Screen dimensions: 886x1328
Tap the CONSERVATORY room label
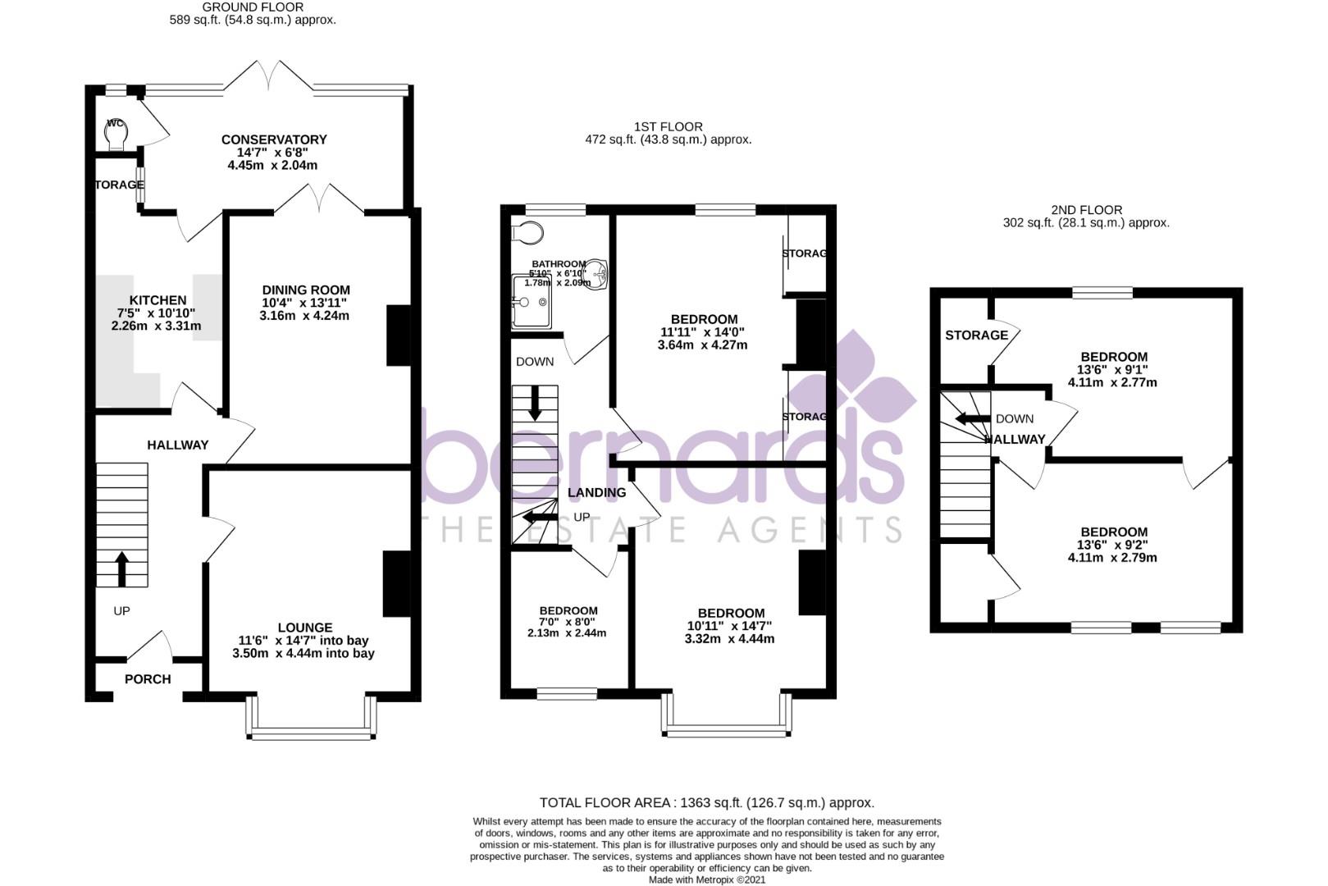coord(274,140)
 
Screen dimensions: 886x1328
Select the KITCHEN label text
coord(157,300)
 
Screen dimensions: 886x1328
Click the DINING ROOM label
coord(306,290)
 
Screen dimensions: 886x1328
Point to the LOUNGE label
coord(304,628)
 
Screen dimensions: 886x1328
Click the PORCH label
coord(148,679)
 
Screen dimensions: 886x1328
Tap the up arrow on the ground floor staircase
coord(121,569)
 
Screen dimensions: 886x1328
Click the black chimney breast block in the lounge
coord(396,583)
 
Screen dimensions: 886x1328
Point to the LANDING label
coord(597,492)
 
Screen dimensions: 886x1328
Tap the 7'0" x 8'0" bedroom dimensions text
coord(567,622)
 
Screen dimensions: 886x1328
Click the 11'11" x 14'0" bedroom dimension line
coord(704,332)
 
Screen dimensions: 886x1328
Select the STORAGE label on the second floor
coord(976,335)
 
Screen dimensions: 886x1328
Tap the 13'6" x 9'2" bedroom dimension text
coord(1113,545)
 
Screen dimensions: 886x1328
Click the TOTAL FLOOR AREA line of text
coord(706,802)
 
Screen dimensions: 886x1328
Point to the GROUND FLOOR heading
coord(253,7)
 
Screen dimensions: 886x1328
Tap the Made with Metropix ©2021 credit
coord(706,879)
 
